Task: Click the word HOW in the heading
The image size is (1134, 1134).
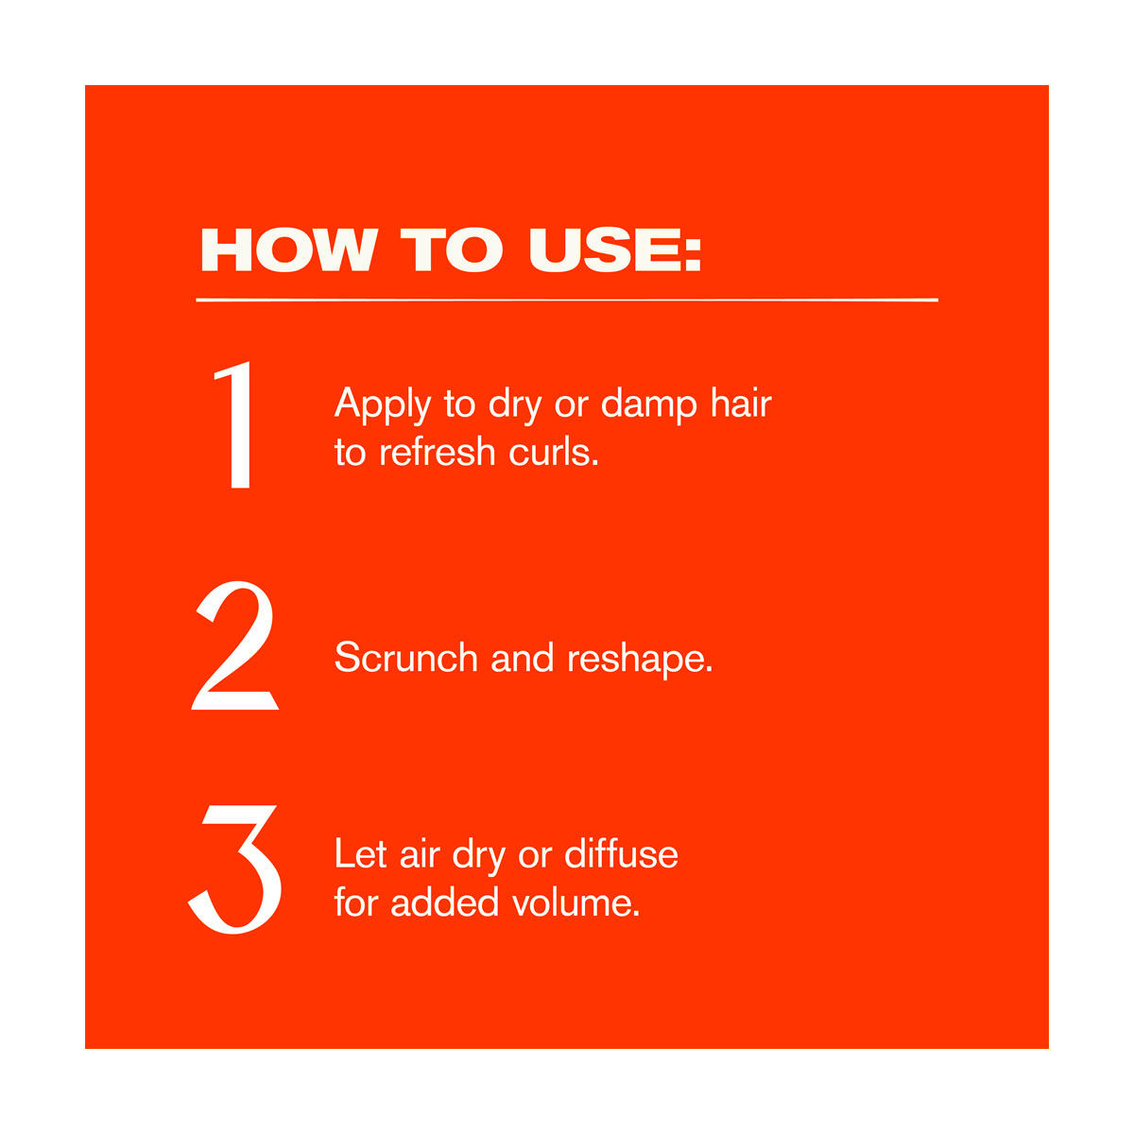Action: click(x=289, y=250)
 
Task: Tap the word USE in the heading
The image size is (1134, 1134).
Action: click(x=601, y=250)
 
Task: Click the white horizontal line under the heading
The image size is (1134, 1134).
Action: click(x=567, y=301)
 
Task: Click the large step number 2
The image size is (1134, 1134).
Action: click(x=234, y=645)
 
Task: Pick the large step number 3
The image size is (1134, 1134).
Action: click(x=234, y=869)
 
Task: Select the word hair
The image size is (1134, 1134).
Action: click(x=741, y=404)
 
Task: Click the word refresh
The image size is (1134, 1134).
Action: click(x=438, y=453)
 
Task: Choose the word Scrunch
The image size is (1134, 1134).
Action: click(x=405, y=658)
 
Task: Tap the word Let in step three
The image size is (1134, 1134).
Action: click(x=360, y=854)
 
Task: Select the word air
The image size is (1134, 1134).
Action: click(x=420, y=854)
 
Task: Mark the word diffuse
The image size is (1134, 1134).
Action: click(x=621, y=853)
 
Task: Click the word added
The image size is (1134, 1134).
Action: click(x=445, y=902)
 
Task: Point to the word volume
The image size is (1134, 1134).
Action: click(x=576, y=902)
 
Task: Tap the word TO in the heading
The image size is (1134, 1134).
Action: click(x=452, y=250)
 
